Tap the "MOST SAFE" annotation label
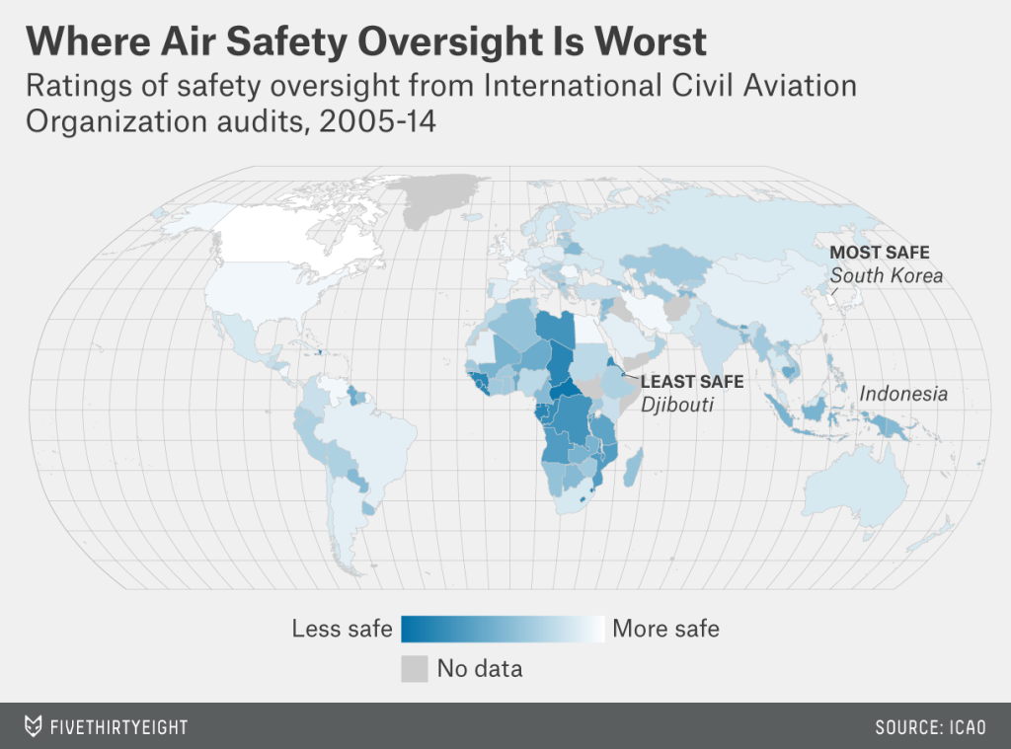coord(880,253)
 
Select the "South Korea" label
coord(886,275)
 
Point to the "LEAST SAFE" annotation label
coord(692,381)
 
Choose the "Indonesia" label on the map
coord(903,394)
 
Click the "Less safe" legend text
coord(343,629)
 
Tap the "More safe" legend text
coord(666,629)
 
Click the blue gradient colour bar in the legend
coord(503,629)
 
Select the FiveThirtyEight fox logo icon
coord(34,727)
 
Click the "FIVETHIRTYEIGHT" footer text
coord(118,727)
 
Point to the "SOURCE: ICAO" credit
coord(930,727)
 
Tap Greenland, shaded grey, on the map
coord(434,195)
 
